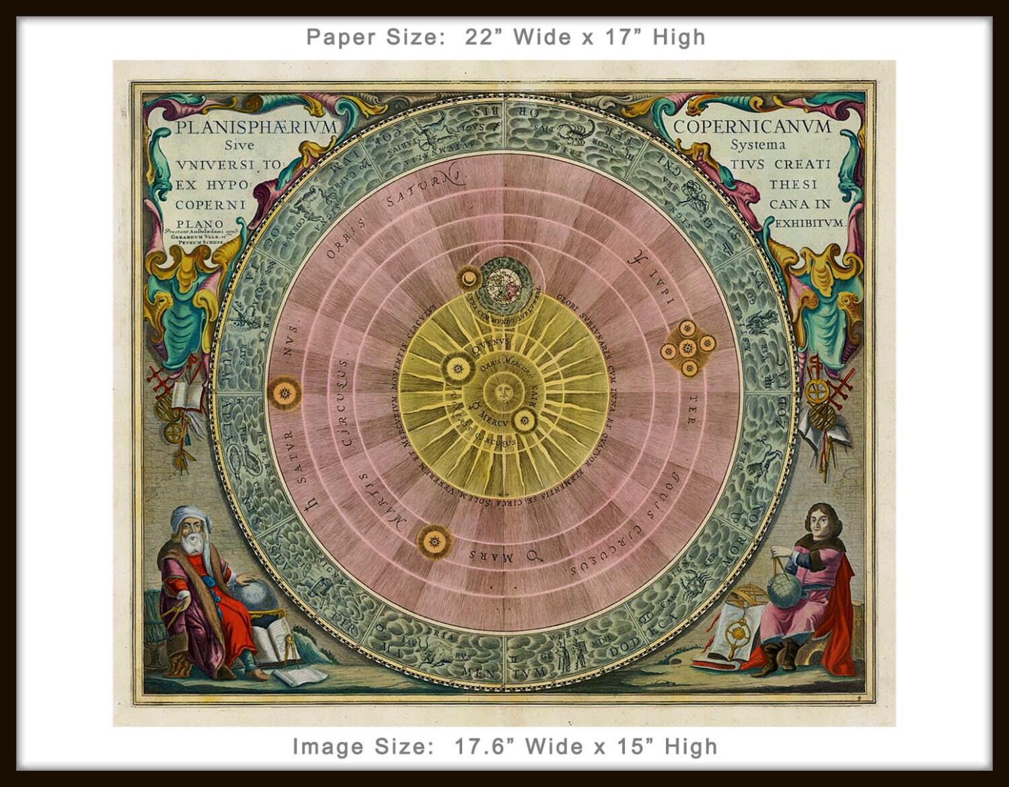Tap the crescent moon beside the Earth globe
point(467,277)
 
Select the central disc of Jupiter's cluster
point(687,348)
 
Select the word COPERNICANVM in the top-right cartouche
point(752,126)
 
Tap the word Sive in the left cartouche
point(239,145)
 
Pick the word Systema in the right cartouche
point(758,145)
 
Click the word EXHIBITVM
point(811,223)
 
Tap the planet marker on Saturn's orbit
point(283,392)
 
